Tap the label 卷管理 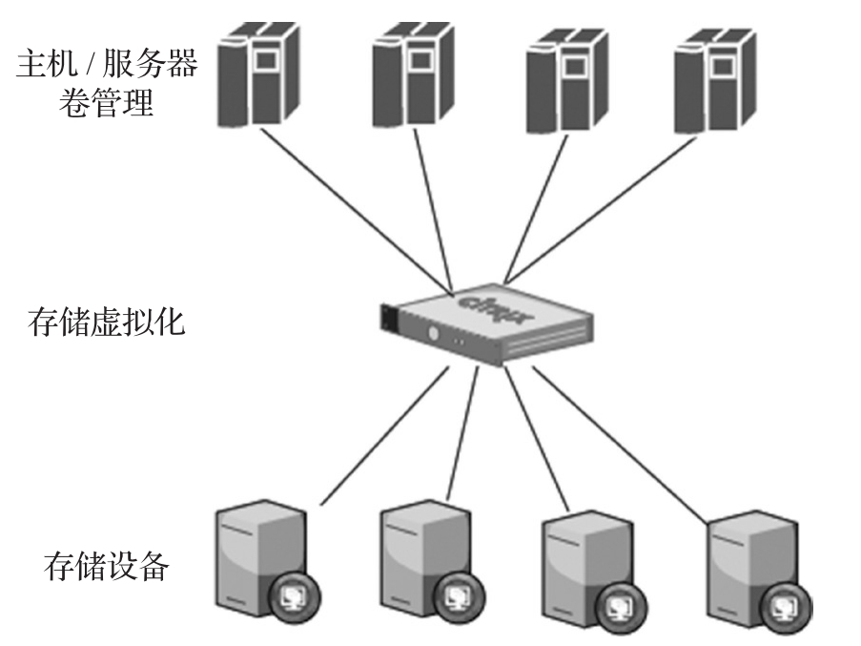click(107, 102)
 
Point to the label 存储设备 click(107, 567)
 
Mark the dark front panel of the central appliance click(388, 316)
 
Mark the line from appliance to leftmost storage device click(381, 434)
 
